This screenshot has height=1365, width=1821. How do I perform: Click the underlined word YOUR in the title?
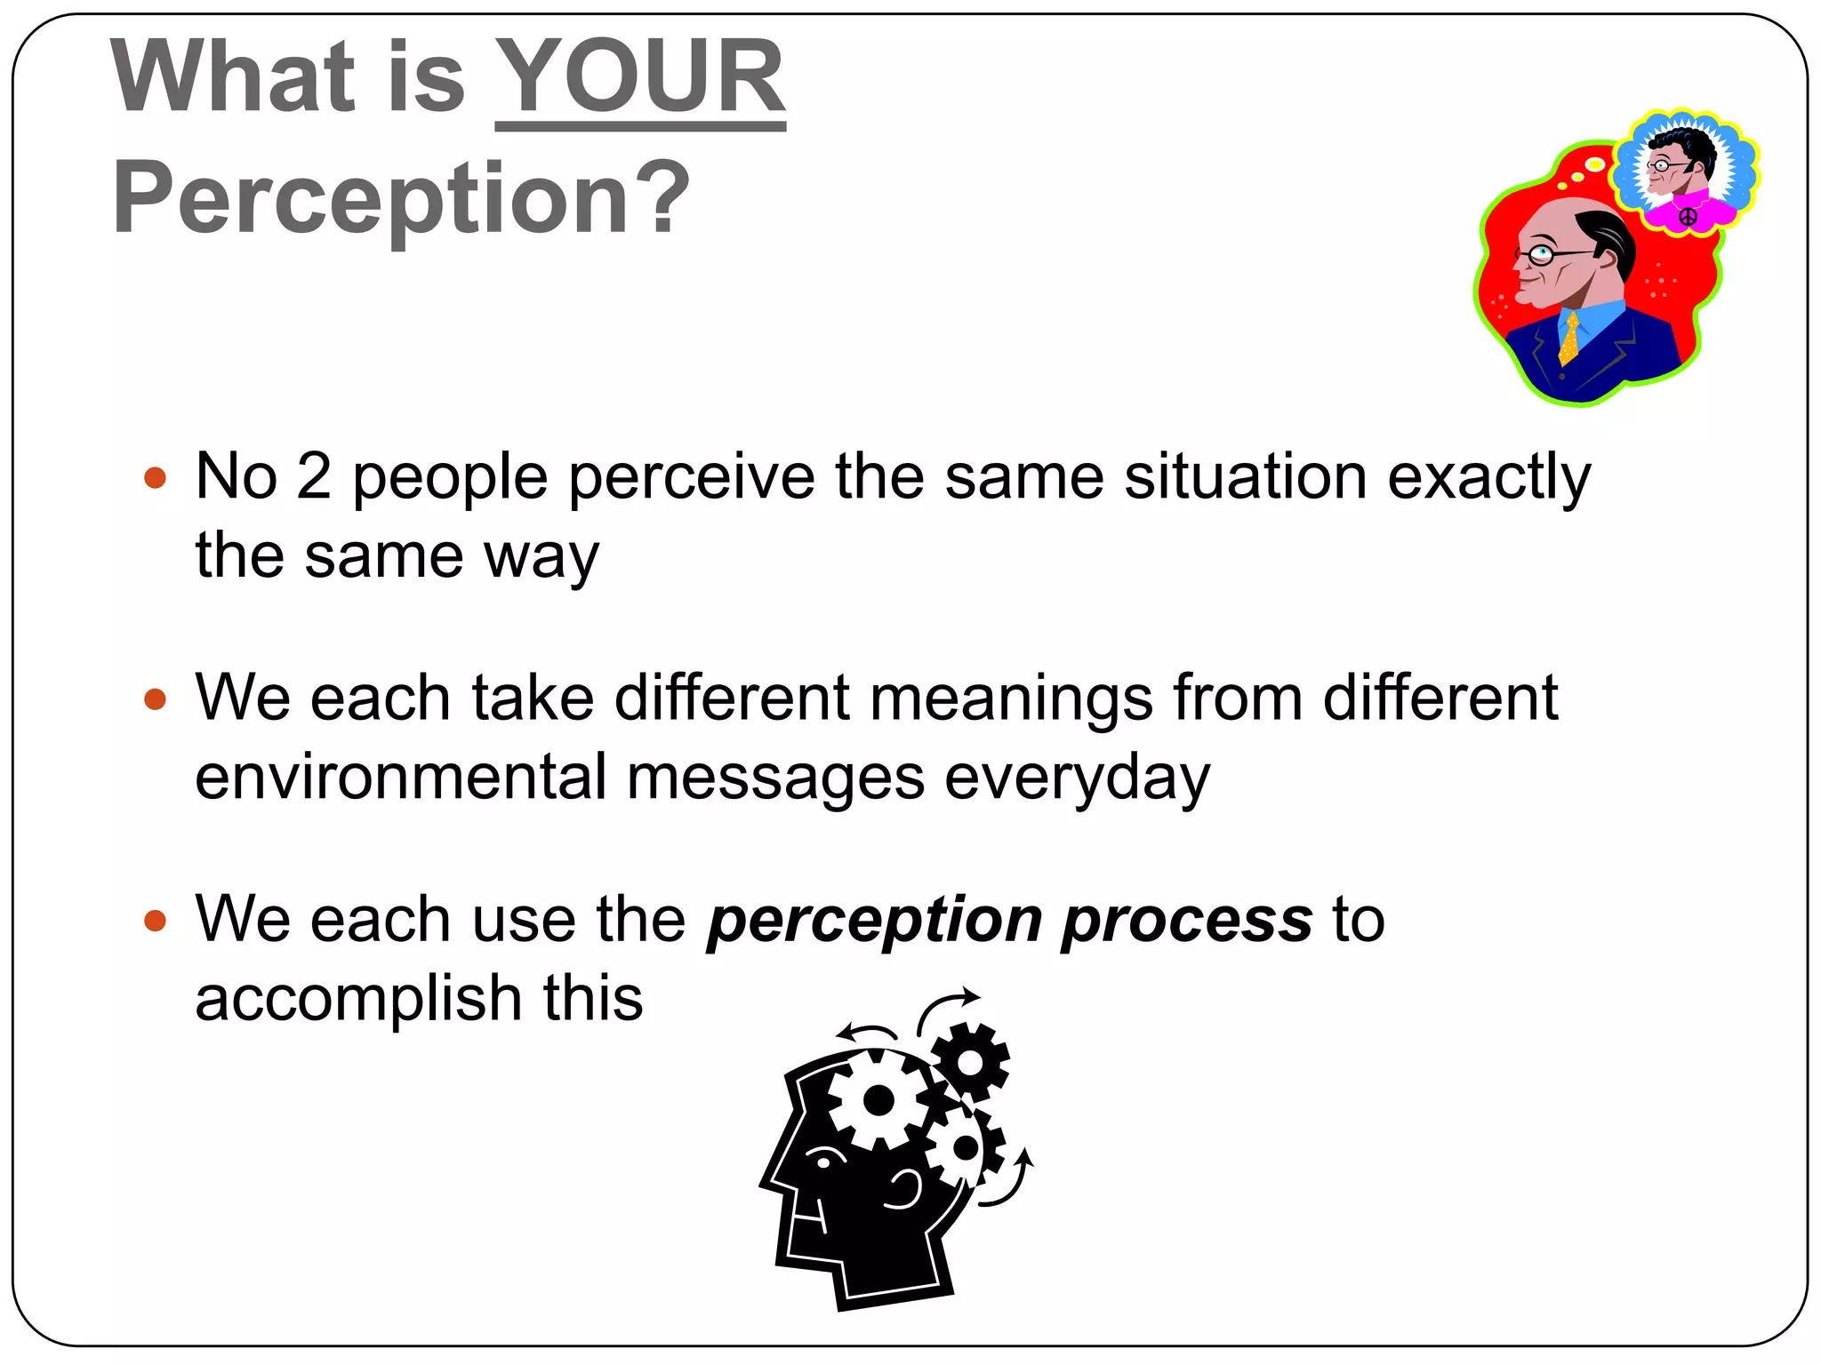639,78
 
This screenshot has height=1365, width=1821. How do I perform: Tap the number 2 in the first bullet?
313,477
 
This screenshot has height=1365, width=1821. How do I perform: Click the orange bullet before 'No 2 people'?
155,479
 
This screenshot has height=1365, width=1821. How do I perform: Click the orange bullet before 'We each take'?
155,699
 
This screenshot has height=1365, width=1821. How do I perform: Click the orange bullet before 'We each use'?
155,920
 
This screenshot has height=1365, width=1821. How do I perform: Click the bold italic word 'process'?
1186,922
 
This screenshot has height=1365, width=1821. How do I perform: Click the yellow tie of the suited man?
1569,339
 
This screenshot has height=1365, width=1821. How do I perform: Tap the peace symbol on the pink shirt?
1687,216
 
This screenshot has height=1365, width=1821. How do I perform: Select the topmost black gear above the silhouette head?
970,1062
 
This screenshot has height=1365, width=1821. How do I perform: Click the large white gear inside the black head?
878,1100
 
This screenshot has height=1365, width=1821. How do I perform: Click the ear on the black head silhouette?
904,1189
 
